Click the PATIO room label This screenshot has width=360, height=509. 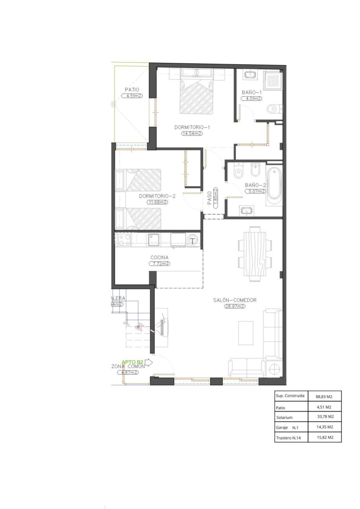pos(132,90)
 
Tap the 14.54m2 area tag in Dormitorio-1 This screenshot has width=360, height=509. pos(192,134)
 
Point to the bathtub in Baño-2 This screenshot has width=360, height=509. pos(274,184)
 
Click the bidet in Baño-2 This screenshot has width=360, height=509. pos(255,171)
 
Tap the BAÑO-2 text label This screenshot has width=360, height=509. pos(255,185)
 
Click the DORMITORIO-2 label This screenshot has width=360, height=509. pos(157,196)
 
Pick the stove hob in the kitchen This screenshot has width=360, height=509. pos(125,240)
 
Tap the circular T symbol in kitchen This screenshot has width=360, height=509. pos(193,240)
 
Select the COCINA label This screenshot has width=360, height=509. pos(159,257)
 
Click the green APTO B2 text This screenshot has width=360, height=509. pos(132,362)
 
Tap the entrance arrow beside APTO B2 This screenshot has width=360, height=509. pos(149,362)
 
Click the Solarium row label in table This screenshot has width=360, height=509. pos(284,418)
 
